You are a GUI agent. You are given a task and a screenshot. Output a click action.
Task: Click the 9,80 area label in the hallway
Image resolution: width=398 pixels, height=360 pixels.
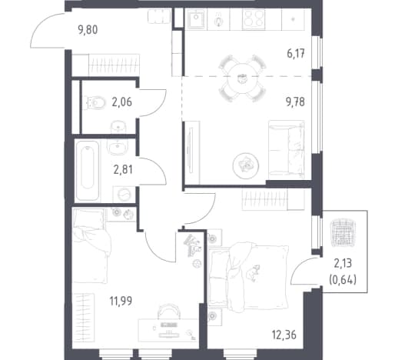click(x=88, y=30)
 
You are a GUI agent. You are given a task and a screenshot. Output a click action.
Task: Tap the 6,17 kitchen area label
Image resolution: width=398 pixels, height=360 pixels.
click(x=296, y=54)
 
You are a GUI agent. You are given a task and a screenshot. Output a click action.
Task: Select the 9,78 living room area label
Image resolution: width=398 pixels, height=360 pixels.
click(x=295, y=102)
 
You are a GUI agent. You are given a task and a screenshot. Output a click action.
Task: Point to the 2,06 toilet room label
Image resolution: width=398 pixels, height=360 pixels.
click(x=122, y=102)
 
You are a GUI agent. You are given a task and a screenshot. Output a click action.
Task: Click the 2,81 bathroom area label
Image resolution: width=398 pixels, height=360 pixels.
click(x=123, y=169)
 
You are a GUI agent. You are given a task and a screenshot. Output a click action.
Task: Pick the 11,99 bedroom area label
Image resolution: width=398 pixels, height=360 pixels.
click(x=121, y=301)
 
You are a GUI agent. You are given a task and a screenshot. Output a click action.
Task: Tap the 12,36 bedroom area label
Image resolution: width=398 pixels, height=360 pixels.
click(x=284, y=335)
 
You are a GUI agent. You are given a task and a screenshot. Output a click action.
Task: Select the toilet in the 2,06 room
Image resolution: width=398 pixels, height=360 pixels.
click(x=96, y=103)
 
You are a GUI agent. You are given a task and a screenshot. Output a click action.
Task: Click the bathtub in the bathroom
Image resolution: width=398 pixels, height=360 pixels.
click(x=88, y=171)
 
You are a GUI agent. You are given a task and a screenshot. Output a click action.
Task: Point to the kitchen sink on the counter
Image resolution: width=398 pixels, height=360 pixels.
click(x=196, y=18)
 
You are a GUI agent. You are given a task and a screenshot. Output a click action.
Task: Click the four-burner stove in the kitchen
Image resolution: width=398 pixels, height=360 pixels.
click(x=254, y=18)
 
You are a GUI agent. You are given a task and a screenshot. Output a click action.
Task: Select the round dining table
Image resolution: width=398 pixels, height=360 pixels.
click(x=242, y=78)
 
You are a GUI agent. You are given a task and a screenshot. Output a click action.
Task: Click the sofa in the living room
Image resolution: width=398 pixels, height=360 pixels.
click(x=287, y=150)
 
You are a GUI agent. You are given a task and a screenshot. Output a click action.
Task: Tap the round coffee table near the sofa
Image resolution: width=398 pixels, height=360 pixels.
click(x=246, y=165)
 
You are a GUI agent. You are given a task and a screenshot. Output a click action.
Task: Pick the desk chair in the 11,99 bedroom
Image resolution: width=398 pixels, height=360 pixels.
click(x=169, y=311)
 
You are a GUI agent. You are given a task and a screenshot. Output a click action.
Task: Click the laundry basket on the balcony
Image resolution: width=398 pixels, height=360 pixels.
click(x=343, y=232)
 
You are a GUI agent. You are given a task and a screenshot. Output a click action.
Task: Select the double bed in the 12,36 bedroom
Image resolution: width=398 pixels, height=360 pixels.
click(x=248, y=276)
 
